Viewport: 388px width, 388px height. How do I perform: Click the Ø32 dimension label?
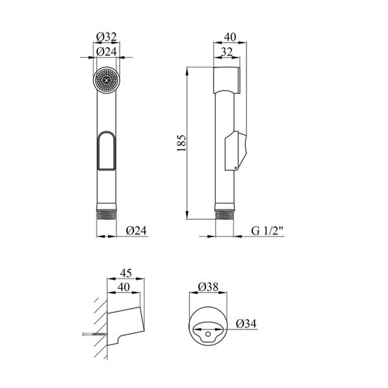(106, 37)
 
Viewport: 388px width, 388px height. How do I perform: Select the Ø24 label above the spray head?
(106, 52)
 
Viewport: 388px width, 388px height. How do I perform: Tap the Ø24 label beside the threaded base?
(136, 231)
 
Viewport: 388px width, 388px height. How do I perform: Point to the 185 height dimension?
(181, 143)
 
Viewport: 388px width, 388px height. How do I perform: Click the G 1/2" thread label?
(267, 231)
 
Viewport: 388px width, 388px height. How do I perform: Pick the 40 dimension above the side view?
(230, 37)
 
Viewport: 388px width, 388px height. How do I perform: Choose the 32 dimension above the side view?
(227, 52)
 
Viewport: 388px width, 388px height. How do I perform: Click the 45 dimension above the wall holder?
(126, 273)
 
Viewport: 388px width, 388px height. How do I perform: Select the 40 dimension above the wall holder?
(124, 287)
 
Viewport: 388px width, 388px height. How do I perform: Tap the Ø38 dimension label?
(208, 287)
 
